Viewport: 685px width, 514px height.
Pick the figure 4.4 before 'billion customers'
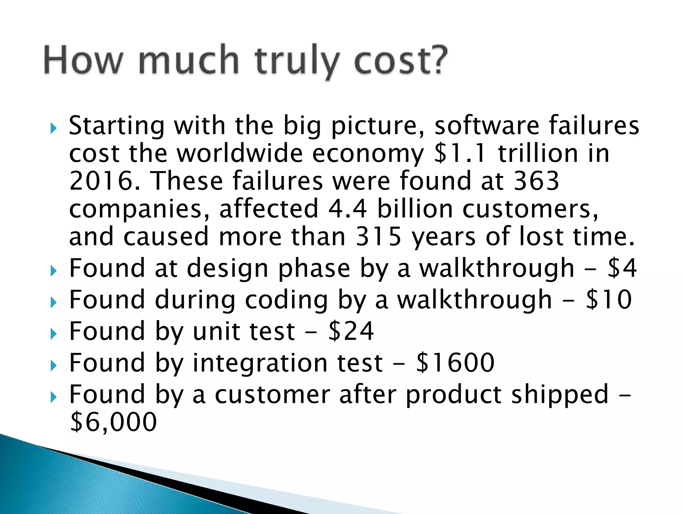(348, 209)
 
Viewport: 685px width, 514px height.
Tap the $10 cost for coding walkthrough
(609, 299)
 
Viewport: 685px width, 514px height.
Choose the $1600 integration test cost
(455, 363)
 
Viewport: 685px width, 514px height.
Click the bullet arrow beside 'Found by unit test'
(54, 334)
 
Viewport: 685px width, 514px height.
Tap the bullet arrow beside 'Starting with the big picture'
(54, 128)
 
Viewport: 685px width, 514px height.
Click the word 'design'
(227, 269)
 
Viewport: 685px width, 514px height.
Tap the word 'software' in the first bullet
(487, 126)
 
